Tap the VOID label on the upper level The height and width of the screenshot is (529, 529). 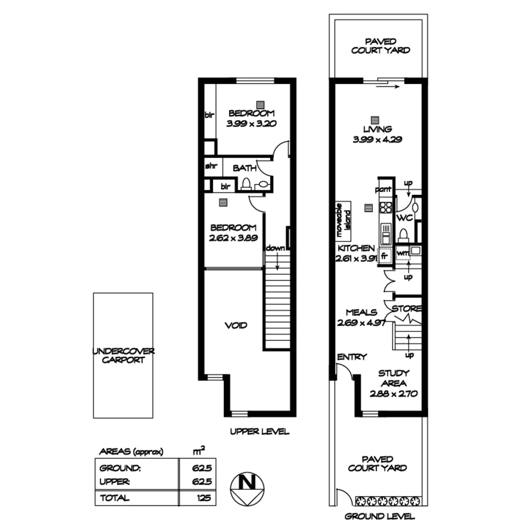click(x=236, y=326)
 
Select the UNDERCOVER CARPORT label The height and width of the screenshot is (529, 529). click(x=123, y=355)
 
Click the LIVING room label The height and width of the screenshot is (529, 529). click(x=378, y=130)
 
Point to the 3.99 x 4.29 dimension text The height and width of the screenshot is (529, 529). click(x=377, y=140)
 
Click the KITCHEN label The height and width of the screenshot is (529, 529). click(x=356, y=249)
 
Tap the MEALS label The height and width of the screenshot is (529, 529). click(x=361, y=312)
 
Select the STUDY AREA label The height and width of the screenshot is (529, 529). click(x=394, y=378)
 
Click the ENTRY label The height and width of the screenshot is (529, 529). click(x=352, y=357)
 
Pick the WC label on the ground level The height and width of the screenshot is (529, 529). click(x=404, y=218)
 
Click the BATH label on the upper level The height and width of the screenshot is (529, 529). click(x=245, y=168)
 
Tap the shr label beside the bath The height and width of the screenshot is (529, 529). click(x=212, y=167)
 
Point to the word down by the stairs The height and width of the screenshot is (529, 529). click(x=276, y=249)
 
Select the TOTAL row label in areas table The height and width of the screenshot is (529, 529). click(x=115, y=498)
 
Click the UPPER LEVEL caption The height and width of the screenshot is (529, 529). click(x=259, y=432)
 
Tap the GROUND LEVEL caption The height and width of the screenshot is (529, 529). click(x=380, y=516)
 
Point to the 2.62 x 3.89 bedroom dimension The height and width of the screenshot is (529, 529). click(x=234, y=238)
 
